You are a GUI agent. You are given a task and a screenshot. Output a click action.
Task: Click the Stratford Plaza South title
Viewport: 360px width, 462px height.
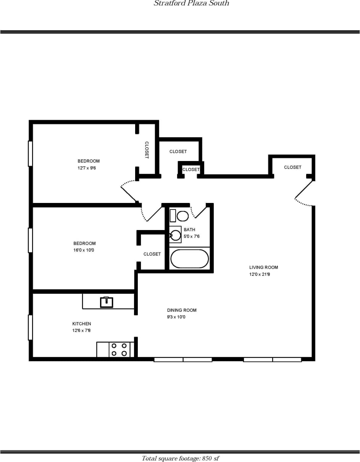(x=191, y=3)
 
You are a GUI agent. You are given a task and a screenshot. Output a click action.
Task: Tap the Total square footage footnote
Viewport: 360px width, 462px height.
(x=180, y=458)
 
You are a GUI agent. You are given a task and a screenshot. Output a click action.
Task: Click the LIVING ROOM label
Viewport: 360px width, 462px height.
(x=263, y=267)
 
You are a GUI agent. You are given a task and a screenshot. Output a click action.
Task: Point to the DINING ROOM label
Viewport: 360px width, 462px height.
(x=182, y=310)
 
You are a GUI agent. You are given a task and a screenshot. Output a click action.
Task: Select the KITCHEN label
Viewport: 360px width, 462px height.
(x=82, y=324)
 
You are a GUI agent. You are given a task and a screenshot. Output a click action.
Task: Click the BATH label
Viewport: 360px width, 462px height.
(x=189, y=230)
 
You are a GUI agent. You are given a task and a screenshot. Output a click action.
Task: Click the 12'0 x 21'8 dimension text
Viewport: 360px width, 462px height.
(x=260, y=274)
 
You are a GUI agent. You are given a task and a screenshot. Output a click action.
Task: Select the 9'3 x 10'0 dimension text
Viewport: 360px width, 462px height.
(x=176, y=317)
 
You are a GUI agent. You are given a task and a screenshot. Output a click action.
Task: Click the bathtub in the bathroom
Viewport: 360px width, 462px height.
(x=189, y=259)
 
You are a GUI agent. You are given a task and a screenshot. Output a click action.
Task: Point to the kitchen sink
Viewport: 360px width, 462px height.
(x=107, y=302)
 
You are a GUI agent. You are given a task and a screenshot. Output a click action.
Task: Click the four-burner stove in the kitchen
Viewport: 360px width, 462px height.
(x=119, y=349)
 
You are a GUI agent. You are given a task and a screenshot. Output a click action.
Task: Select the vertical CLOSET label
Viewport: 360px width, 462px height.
(x=147, y=150)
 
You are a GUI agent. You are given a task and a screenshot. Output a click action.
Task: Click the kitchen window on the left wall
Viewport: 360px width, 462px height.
(x=30, y=327)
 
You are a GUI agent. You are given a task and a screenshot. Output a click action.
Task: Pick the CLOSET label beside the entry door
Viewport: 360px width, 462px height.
(x=292, y=167)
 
